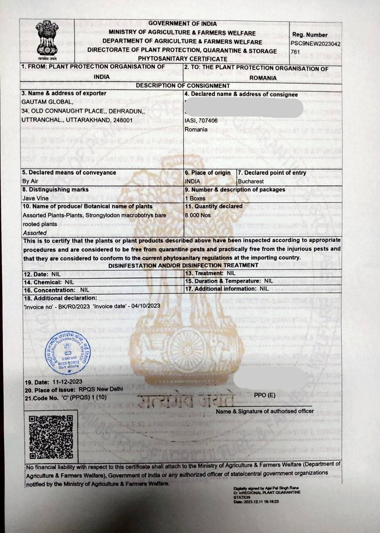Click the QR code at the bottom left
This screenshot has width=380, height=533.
[x=51, y=437]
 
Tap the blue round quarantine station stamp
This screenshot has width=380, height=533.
[x=67, y=354]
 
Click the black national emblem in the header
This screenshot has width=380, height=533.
[x=47, y=39]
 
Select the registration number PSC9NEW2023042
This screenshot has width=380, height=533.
[x=315, y=43]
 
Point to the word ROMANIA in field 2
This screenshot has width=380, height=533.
[x=263, y=78]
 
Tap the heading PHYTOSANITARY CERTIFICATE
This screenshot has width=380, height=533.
[x=183, y=59]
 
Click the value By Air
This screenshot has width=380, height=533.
[x=30, y=181]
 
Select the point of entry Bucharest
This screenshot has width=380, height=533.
[x=251, y=181]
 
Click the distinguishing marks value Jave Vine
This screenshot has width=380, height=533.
[x=36, y=198]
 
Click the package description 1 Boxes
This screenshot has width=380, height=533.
[x=195, y=198]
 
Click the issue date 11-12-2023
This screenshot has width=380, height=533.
[x=67, y=382]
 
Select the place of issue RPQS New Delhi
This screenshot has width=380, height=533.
[x=100, y=389]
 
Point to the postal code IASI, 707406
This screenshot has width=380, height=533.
[x=201, y=120]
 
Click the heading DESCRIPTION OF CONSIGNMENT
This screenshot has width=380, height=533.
[x=183, y=86]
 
